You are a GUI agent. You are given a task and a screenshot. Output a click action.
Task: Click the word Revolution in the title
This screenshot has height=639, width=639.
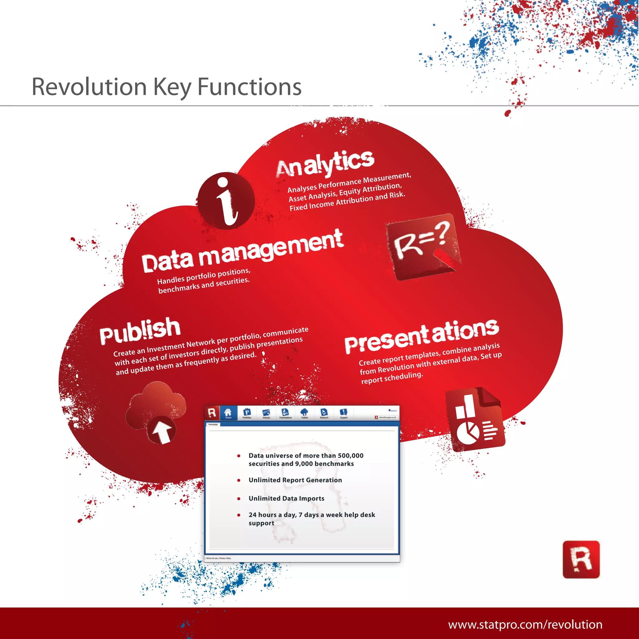89,87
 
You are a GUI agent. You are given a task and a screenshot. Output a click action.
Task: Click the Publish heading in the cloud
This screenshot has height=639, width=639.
140,330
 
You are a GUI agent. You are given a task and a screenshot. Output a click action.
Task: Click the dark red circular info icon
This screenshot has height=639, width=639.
226,200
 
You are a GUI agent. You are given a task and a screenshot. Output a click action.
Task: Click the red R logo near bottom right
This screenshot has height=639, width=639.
581,560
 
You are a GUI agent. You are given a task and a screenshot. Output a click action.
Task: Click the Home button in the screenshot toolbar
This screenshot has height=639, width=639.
228,413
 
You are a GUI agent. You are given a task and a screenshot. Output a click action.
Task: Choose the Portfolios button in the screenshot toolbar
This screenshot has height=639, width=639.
247,413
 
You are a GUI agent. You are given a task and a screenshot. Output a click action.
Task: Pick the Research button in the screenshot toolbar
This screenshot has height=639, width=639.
324,413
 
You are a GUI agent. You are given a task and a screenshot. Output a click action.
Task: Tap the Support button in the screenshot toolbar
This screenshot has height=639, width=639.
344,413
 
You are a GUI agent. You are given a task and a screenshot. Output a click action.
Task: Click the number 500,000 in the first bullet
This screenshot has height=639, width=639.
350,456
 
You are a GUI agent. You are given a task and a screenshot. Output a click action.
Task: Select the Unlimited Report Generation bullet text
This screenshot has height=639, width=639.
295,480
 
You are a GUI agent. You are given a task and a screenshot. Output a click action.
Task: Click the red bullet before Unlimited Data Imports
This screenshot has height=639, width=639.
239,498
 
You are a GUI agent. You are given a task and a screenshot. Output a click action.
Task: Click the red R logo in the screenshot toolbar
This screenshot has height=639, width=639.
212,413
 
